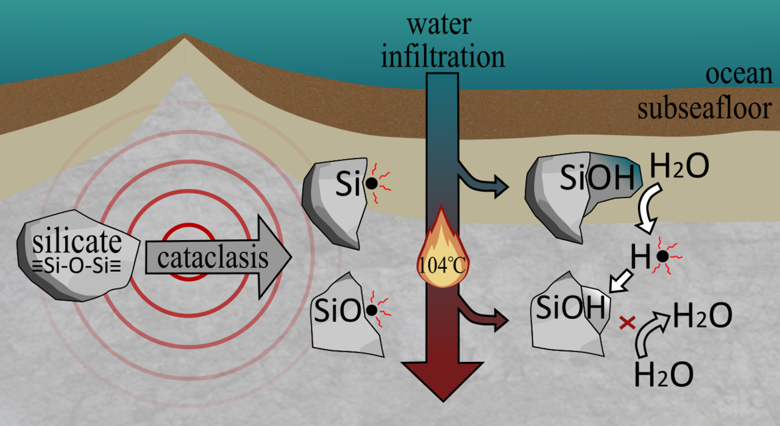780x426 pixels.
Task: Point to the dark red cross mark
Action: pos(627,323)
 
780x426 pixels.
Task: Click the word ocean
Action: pos(739,75)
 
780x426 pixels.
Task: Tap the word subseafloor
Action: pos(704,109)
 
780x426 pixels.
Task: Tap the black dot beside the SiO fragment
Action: pos(371,310)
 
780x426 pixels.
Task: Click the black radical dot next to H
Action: pos(662,257)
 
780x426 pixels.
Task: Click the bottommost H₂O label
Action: pos(663,374)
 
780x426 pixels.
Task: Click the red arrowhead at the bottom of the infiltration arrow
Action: pos(441,378)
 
